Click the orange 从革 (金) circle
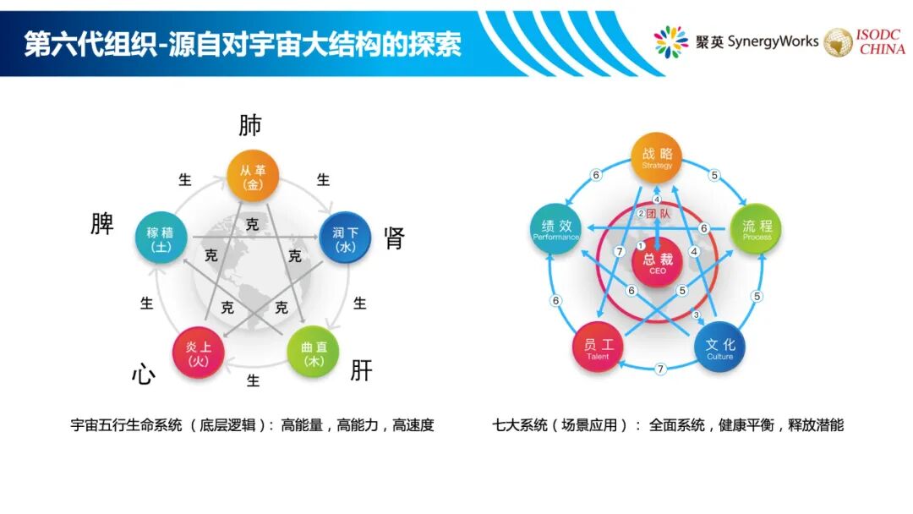pos(253,176)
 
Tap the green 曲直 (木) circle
pos(314,352)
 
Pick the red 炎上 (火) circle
pos(198,352)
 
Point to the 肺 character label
pos(250,126)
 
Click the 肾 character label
pos(394,238)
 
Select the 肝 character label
pos(361,370)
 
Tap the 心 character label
pos(144,374)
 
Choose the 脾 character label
pos(102,224)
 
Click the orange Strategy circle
pos(657,158)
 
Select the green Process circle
pos(756,228)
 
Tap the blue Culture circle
pos(719,347)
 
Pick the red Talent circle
pos(598,347)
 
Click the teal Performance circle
pos(555,229)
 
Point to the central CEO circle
pos(657,262)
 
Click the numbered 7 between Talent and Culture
pos(660,369)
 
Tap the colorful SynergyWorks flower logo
pos(671,41)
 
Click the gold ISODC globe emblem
pos(838,42)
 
